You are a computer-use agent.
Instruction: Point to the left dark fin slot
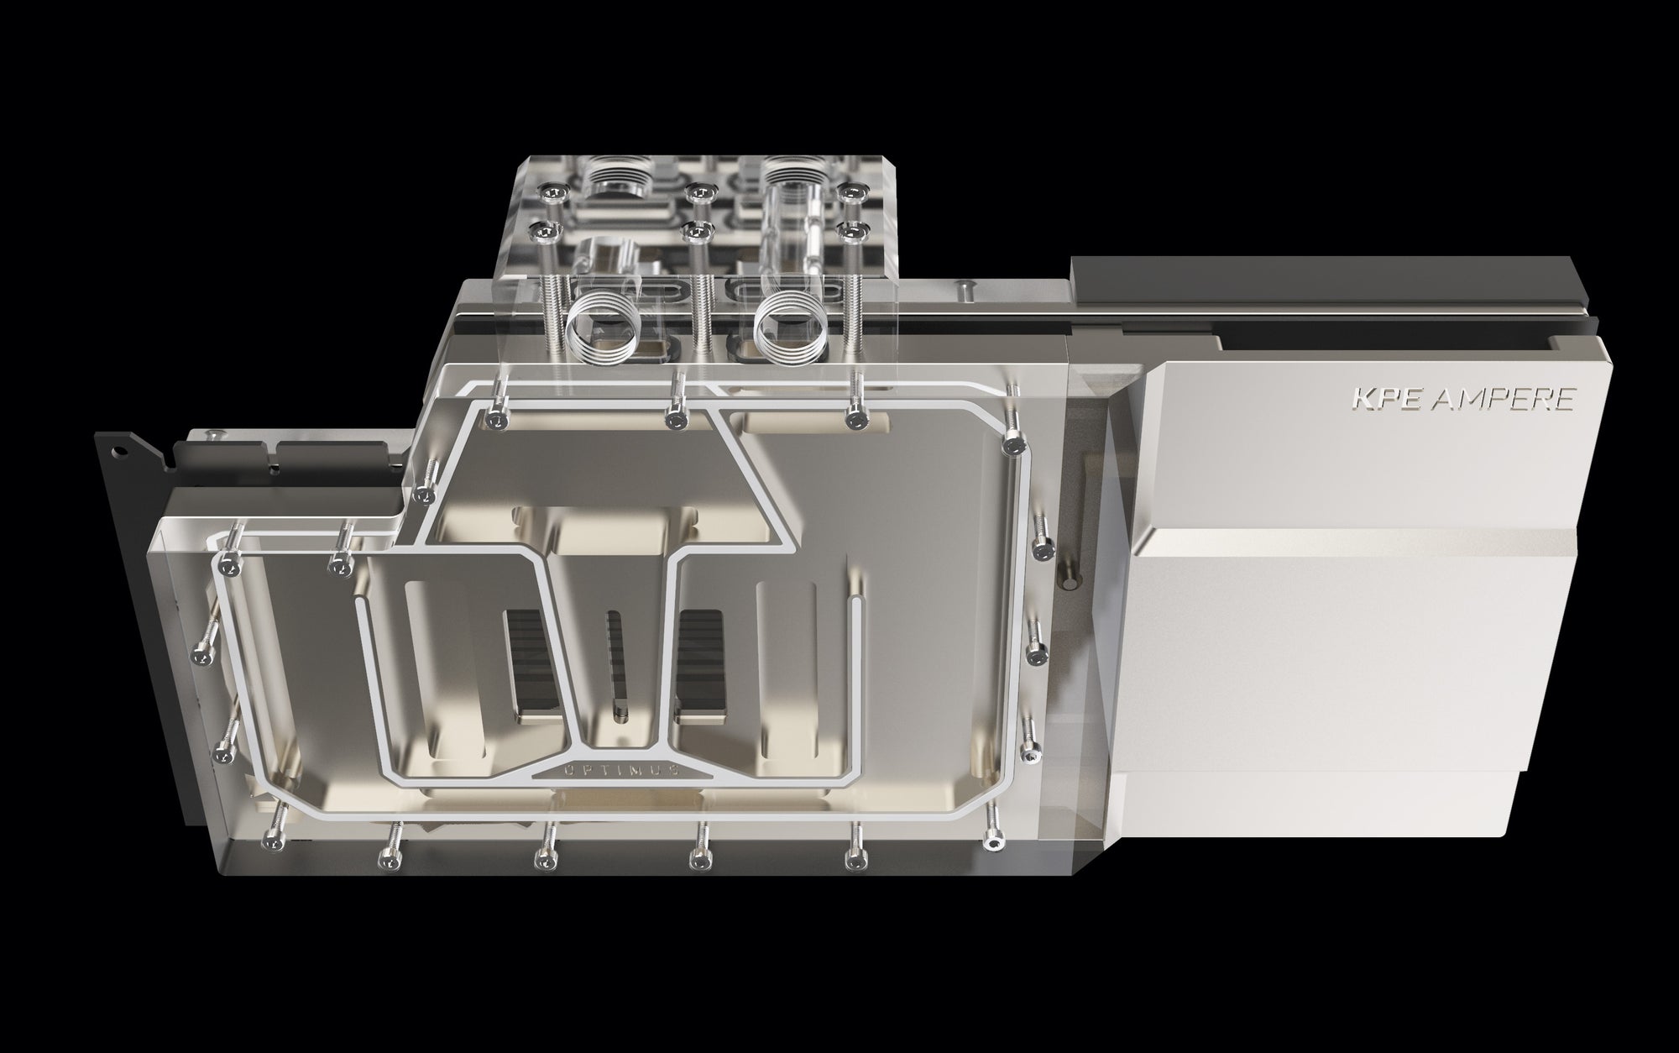point(531,665)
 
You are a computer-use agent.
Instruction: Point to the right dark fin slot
point(700,665)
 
